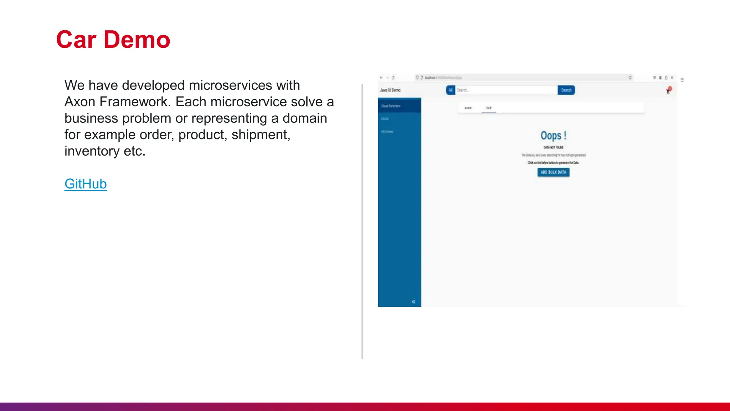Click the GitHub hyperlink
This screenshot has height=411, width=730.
click(86, 184)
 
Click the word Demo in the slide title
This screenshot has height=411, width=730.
click(137, 40)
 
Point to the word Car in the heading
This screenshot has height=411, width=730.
click(76, 40)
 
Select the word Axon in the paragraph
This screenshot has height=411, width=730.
click(80, 102)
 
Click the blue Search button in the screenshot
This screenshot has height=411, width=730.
click(566, 90)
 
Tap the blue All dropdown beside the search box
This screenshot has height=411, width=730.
click(451, 90)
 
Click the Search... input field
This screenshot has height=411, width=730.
click(506, 90)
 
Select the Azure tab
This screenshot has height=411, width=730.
click(468, 108)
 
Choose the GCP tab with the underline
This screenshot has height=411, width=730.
click(489, 108)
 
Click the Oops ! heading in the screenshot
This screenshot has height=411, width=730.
click(553, 136)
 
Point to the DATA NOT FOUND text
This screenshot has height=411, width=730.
click(553, 147)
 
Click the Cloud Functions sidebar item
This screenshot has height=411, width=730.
click(391, 106)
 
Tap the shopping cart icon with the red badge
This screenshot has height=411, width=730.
click(668, 91)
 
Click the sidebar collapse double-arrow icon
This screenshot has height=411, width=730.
click(413, 302)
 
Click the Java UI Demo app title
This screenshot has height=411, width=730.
click(390, 90)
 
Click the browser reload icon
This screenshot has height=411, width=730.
click(393, 77)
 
